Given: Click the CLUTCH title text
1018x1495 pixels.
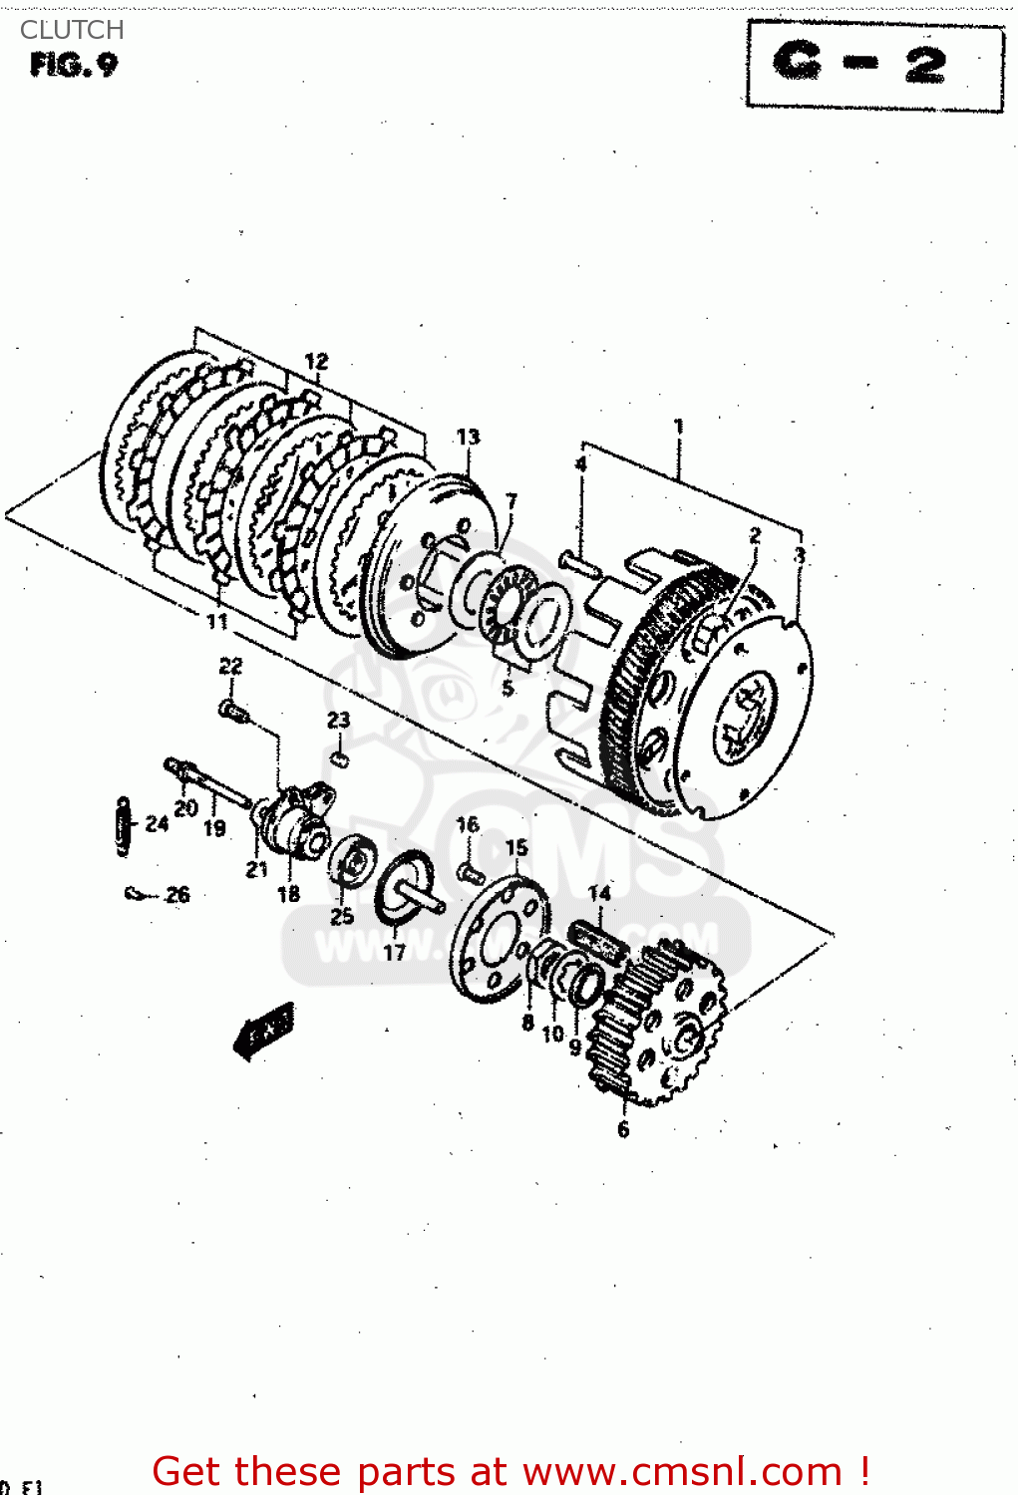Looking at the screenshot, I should [x=72, y=30].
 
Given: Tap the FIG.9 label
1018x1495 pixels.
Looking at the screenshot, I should [x=74, y=66].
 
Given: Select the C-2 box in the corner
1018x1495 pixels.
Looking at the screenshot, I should [x=874, y=65].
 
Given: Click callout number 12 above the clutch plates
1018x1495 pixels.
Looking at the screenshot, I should [x=316, y=361].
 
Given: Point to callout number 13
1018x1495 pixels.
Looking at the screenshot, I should [x=468, y=437].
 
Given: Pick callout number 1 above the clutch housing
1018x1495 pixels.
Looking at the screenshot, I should [x=679, y=427].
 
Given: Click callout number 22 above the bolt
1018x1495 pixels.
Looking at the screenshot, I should [x=230, y=666].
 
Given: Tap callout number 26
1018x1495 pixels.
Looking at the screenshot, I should [x=177, y=894].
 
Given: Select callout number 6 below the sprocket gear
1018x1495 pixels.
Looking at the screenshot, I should [x=623, y=1129].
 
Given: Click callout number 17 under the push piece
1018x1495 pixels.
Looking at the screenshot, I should [x=395, y=953].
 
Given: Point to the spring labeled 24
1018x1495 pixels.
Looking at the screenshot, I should [x=123, y=826].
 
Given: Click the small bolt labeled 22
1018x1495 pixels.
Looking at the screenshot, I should [x=231, y=711].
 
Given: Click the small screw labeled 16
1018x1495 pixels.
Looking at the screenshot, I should [x=470, y=874].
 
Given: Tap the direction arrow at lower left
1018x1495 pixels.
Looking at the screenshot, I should [x=264, y=1031].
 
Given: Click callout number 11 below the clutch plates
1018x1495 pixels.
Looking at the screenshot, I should [x=217, y=622].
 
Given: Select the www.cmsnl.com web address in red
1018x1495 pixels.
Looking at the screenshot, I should [x=683, y=1471].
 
